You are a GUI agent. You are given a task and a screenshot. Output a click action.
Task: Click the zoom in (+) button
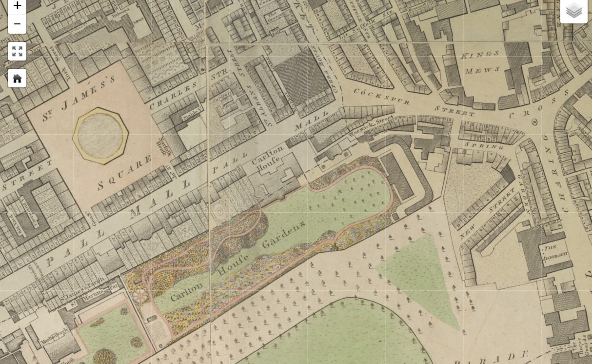[17, 6]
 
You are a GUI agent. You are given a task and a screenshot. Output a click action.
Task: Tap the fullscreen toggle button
[17, 51]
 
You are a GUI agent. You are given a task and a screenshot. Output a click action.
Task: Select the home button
[17, 78]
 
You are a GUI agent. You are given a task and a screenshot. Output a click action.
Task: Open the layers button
[574, 10]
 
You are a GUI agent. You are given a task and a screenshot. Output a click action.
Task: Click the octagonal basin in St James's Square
[100, 135]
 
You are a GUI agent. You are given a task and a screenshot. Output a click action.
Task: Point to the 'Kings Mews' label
[480, 62]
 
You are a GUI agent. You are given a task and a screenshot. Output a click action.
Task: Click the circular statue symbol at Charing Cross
[534, 121]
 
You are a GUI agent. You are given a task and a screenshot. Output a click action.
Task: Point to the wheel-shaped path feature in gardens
[140, 296]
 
